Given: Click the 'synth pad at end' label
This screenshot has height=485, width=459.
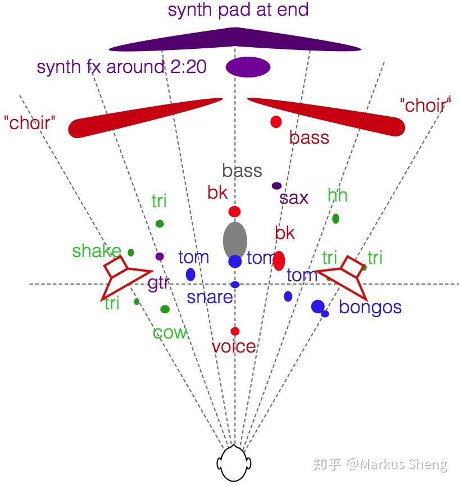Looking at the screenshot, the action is tap(238, 10).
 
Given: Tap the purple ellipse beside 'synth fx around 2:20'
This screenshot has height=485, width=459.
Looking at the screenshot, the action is tap(248, 67).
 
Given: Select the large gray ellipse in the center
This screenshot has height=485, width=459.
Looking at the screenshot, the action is tap(235, 240).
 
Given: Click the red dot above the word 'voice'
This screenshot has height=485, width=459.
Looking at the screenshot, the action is tap(235, 331).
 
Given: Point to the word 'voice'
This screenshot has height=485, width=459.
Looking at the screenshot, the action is tap(234, 346).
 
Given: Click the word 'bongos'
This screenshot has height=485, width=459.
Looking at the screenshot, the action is tap(370, 308).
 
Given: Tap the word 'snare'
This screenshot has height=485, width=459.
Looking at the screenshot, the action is tap(210, 298).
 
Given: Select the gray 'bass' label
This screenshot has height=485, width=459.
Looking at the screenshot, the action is tap(242, 171).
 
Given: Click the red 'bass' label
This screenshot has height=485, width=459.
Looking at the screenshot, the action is tap(309, 138).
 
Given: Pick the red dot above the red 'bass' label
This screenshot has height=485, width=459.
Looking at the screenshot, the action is tap(276, 122).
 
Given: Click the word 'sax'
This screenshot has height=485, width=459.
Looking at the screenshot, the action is tap(294, 198).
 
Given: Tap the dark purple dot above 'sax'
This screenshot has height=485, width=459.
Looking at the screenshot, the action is tap(276, 186).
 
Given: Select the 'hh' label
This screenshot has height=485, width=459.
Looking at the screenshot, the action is tap(337, 195).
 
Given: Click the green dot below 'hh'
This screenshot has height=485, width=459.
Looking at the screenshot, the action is tap(335, 219).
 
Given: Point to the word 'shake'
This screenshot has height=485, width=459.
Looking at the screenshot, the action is tap(97, 250).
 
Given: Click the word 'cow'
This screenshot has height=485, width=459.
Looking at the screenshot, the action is tap(170, 333).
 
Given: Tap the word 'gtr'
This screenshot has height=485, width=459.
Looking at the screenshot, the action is tap(158, 283).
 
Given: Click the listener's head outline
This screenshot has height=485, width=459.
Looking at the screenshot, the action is tap(234, 463).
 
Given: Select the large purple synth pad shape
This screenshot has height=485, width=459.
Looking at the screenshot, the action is tap(235, 39).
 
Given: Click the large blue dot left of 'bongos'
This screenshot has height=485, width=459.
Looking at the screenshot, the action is tap(318, 306).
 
